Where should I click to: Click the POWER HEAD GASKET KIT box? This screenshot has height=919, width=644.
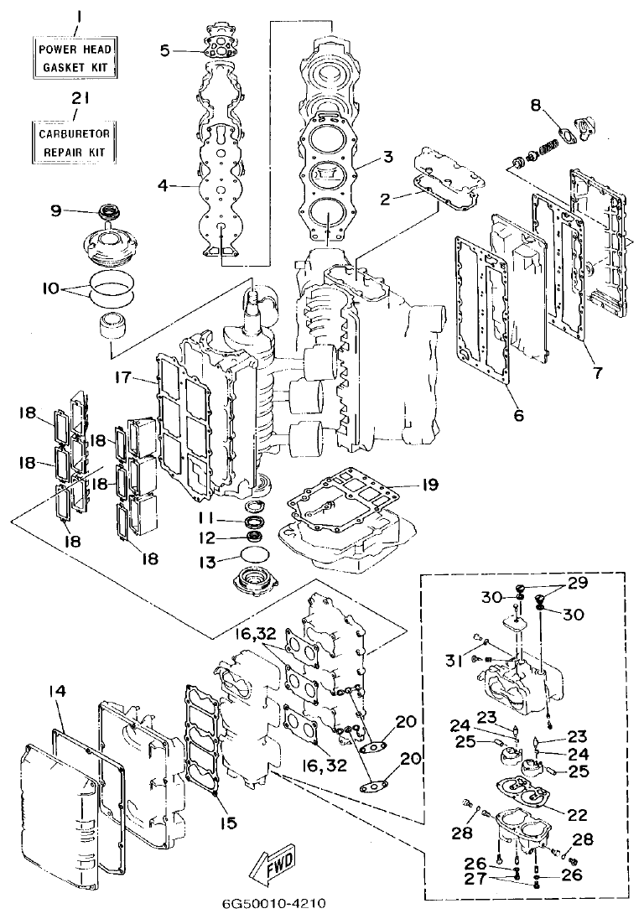(x=75, y=57)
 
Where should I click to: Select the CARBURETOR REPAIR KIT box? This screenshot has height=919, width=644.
(x=75, y=141)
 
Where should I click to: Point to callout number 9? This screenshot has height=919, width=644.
(x=56, y=210)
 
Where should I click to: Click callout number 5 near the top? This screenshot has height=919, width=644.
(x=165, y=50)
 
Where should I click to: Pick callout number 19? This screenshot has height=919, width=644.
(x=429, y=485)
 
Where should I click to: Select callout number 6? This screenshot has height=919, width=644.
(x=517, y=415)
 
